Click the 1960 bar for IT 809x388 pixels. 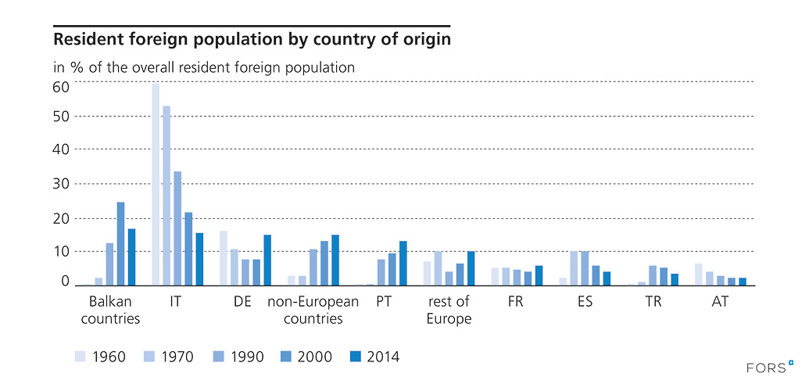[x=156, y=184]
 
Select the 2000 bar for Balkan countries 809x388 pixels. [x=121, y=243]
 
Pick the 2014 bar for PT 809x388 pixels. [x=403, y=263]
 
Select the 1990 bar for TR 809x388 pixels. [x=653, y=275]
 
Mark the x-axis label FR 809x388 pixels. [x=516, y=301]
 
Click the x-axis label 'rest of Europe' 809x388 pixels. [x=449, y=310]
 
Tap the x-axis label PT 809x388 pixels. [x=383, y=301]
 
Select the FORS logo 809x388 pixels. [x=771, y=366]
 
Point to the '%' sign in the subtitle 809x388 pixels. [x=76, y=67]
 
